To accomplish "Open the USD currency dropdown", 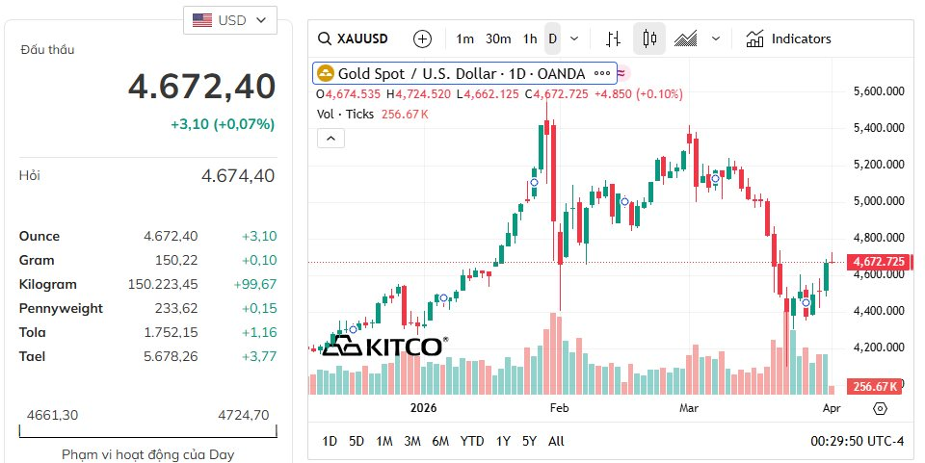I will tap(230, 20).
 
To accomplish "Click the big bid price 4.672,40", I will tap(202, 87).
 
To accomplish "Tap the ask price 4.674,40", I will tap(238, 175).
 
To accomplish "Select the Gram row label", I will tap(37, 260).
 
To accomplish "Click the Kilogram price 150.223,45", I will tap(163, 284).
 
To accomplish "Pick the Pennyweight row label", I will tap(61, 308).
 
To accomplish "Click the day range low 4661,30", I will tap(52, 415).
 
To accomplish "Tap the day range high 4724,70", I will tap(244, 415).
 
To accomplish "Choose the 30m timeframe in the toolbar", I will tap(498, 39).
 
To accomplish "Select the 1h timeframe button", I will tap(530, 39).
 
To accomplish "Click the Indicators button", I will tap(788, 39).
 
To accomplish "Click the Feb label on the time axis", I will tap(560, 408).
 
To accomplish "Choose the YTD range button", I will tap(472, 441).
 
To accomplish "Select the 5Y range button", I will tap(529, 441).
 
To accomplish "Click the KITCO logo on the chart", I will tap(383, 347).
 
